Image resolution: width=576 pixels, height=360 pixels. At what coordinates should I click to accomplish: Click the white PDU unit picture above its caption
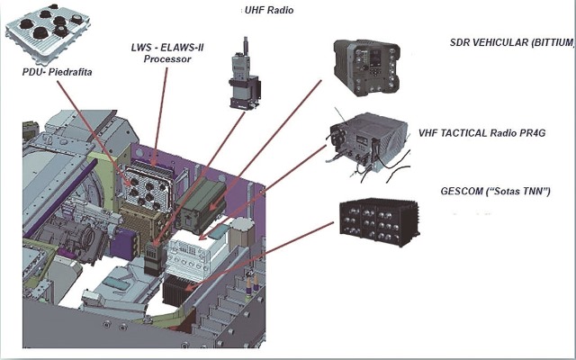(x=43, y=33)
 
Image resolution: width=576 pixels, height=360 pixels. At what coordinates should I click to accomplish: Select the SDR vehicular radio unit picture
(x=372, y=67)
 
